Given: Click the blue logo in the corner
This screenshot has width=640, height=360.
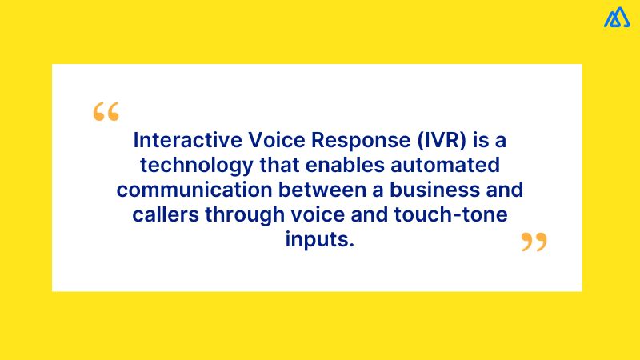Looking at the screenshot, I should tap(617, 17).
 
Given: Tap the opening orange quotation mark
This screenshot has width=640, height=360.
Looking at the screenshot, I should tap(106, 112).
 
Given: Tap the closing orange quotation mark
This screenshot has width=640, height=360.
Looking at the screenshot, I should tap(534, 242).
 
